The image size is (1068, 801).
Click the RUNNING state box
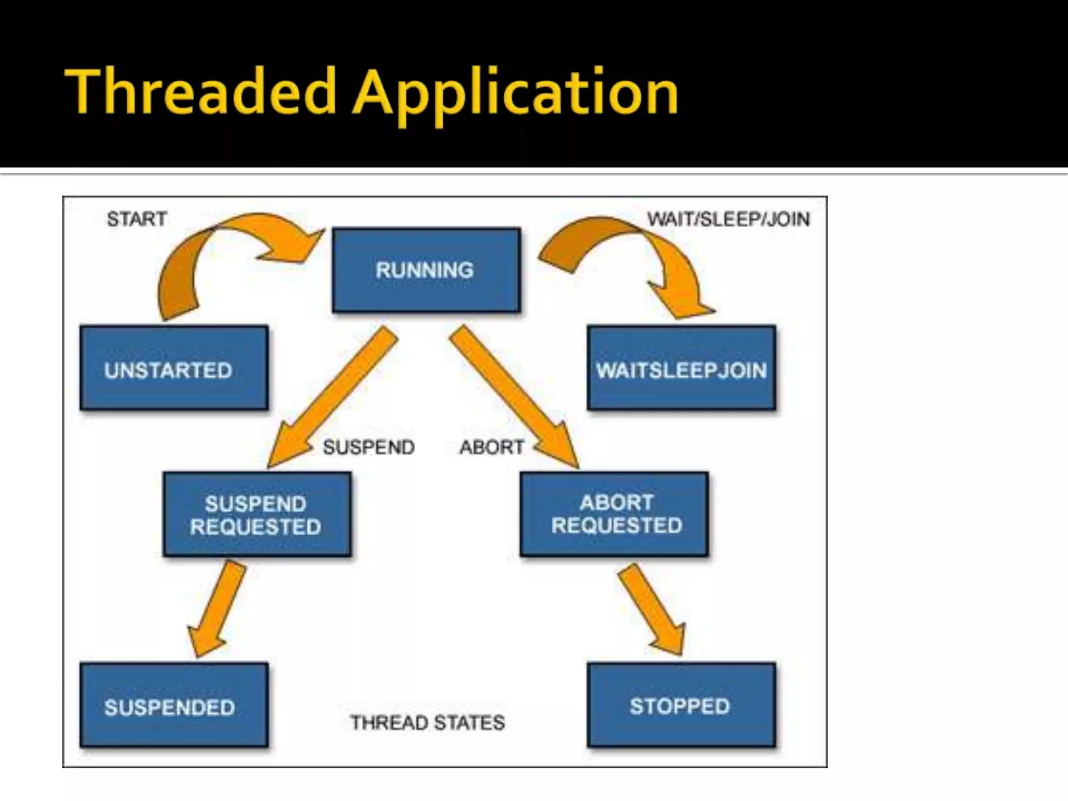pos(426,270)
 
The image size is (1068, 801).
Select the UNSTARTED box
pos(174,368)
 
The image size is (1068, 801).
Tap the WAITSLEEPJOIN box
pos(681,368)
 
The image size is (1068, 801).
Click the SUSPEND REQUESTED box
pos(256,514)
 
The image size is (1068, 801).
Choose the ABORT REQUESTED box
pos(614,514)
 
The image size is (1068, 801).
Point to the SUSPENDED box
pos(174,705)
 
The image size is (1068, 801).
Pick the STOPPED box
pos(681,705)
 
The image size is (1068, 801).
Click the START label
pos(137,219)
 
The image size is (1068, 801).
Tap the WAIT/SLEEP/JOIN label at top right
pos(729,219)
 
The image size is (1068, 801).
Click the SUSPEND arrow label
pos(369,447)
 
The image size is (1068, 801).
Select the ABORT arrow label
pos(491,447)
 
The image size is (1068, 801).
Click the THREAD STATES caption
pos(428,723)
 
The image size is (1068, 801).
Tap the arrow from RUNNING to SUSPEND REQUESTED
pos(334,396)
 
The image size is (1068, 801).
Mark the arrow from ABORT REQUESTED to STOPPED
pos(652,608)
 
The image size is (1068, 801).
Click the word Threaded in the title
pos(201,93)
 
